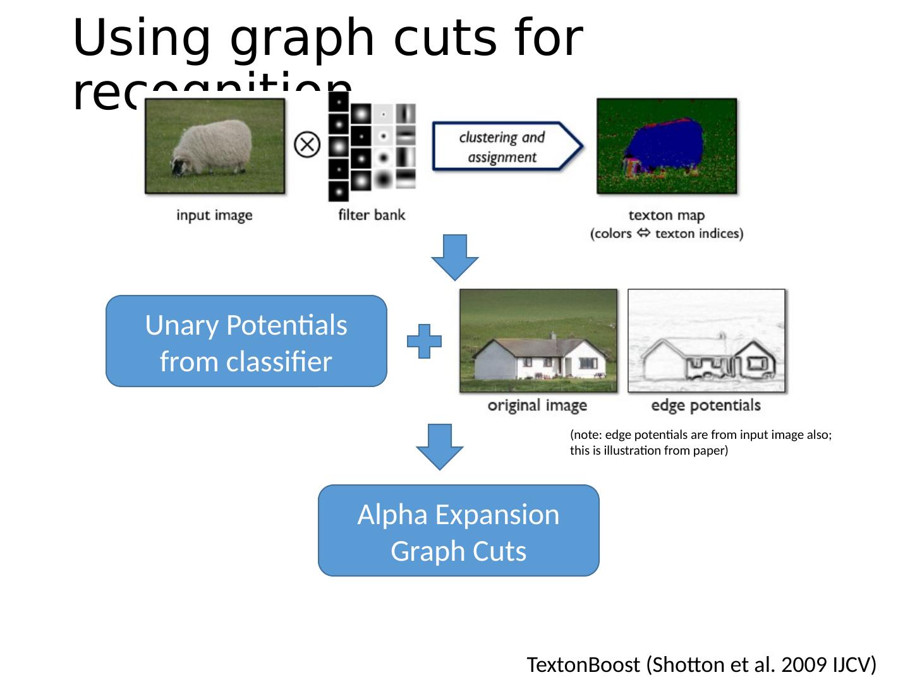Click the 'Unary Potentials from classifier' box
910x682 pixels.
246,342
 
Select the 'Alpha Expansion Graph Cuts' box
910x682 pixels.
458,531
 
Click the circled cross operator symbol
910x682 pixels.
307,145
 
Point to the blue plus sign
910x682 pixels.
424,342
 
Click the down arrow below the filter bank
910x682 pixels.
454,256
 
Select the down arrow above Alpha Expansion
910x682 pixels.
439,446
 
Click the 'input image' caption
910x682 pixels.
214,215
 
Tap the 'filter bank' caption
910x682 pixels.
372,215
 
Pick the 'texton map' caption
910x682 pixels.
666,216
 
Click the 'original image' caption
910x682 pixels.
537,405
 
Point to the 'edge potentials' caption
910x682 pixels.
706,405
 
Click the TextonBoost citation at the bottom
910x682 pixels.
701,665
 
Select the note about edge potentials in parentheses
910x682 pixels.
700,443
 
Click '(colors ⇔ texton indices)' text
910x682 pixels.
667,234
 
